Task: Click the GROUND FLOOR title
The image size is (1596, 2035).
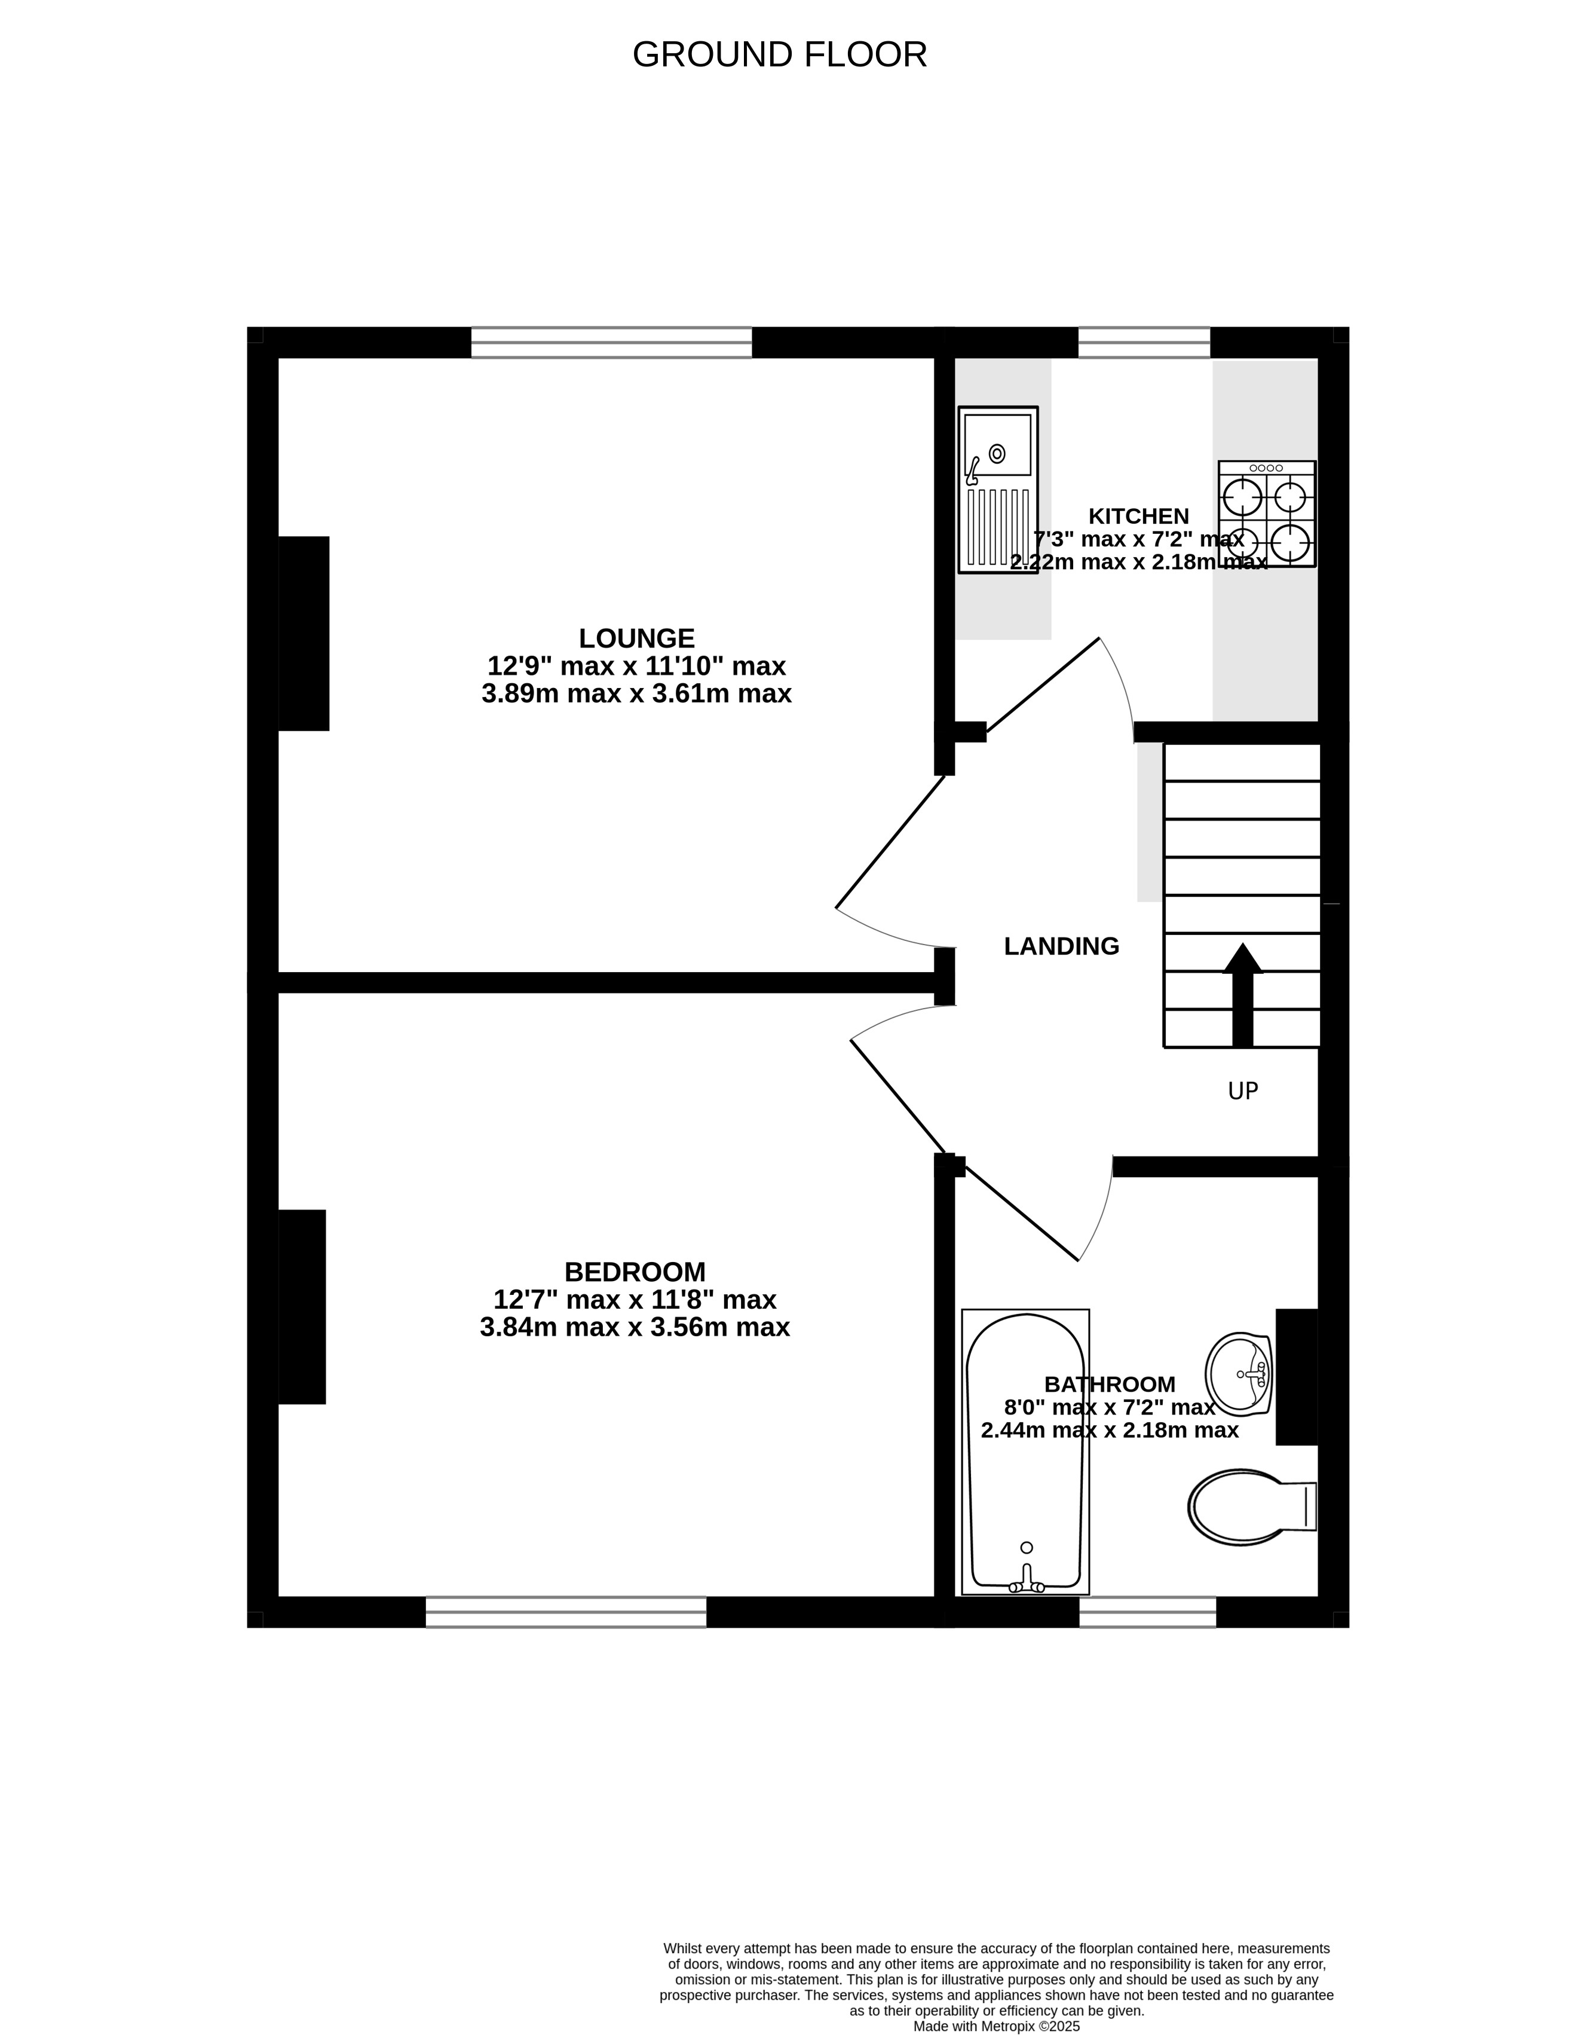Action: (779, 55)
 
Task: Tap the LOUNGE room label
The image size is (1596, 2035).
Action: (636, 638)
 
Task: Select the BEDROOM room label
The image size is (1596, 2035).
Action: (635, 1272)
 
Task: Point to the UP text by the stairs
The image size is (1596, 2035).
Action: (1243, 1091)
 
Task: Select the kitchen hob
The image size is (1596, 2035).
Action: (1266, 513)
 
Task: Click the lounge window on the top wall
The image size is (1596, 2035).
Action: (611, 342)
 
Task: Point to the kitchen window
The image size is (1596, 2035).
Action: (1144, 342)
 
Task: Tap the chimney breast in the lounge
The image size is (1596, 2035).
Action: (304, 634)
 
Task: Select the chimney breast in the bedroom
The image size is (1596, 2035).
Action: (302, 1307)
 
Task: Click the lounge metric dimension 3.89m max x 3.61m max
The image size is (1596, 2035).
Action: (636, 693)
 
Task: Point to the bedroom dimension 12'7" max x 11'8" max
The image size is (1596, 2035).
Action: (635, 1299)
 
